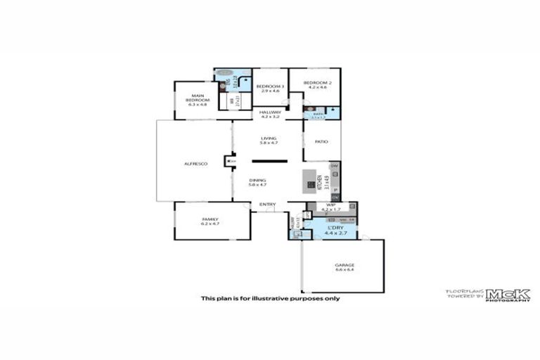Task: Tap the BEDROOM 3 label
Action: point(270,86)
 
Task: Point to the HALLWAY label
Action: point(270,112)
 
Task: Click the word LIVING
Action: point(269,139)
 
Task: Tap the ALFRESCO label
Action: point(195,164)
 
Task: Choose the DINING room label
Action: point(257,180)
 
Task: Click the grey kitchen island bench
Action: point(310,181)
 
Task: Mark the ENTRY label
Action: point(267,205)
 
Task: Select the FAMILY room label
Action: point(210,219)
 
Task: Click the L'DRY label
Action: point(333,227)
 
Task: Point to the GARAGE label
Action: point(344,265)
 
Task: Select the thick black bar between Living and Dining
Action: point(269,162)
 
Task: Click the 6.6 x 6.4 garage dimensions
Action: point(344,270)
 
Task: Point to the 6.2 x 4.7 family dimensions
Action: point(210,224)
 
